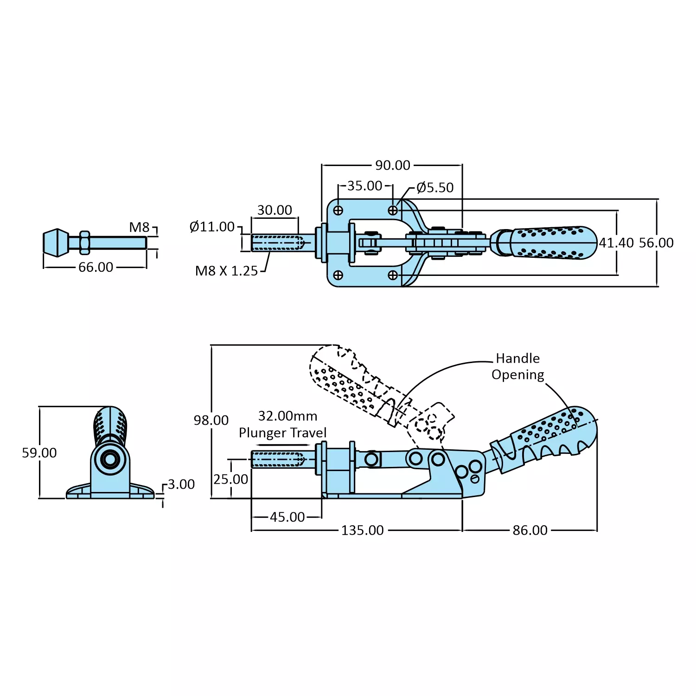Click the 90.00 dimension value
point(392,165)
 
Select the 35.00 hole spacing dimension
point(364,185)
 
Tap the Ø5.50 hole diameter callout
point(434,187)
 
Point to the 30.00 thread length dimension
point(275,210)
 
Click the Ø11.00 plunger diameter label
point(212,227)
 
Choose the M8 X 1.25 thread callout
point(226,271)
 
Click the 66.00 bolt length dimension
point(96,267)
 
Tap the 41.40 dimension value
point(616,243)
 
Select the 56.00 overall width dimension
point(656,243)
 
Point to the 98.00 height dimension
point(211,420)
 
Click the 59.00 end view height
point(39,453)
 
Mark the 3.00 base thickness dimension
point(181,484)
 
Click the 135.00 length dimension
point(362,530)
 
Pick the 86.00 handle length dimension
point(530,530)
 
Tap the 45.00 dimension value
point(287,517)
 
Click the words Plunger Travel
point(282,433)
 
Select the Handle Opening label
point(517,366)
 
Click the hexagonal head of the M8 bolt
point(56,242)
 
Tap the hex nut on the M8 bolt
point(84,242)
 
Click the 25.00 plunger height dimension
point(230,479)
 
